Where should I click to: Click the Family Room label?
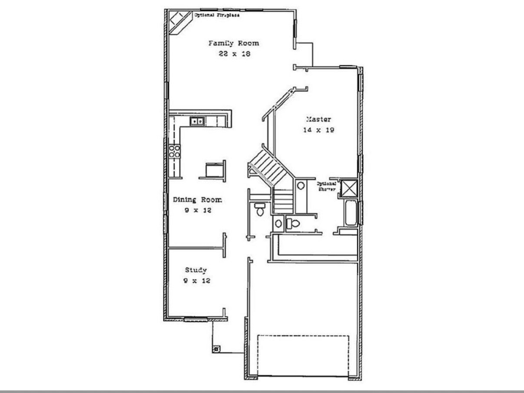(233, 43)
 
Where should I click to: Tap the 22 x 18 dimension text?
(233, 54)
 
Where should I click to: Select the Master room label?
(318, 119)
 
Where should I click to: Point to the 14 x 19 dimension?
(318, 130)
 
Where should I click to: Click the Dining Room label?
(197, 200)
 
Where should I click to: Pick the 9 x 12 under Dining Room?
(197, 210)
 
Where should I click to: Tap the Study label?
(196, 270)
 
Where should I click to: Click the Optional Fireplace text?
(217, 15)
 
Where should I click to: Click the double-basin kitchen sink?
(197, 121)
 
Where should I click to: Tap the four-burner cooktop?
(175, 151)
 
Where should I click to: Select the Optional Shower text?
(327, 187)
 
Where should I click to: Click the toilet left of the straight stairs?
(260, 210)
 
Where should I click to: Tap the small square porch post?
(216, 348)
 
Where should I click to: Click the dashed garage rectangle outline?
(303, 336)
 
